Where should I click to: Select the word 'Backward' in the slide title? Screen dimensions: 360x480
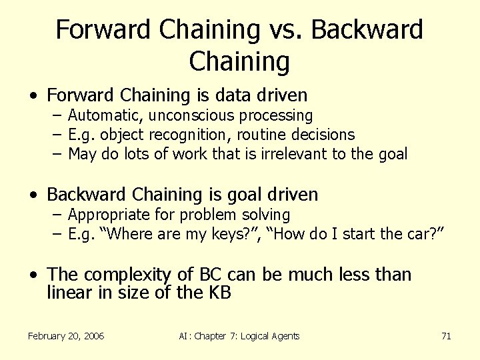point(367,30)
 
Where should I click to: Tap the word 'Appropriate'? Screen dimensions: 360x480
point(107,215)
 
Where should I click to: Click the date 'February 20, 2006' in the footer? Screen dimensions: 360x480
point(66,336)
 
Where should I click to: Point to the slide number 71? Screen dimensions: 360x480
point(446,336)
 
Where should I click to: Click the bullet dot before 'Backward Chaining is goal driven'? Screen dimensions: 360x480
point(33,195)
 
